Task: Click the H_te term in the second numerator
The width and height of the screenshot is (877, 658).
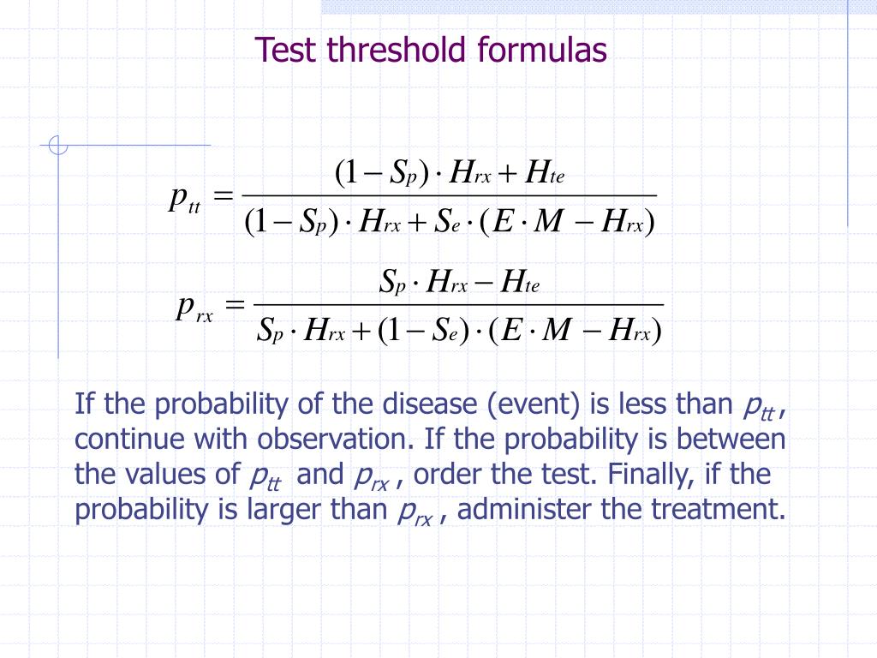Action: click(x=518, y=282)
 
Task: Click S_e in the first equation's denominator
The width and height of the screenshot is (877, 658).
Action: click(x=448, y=224)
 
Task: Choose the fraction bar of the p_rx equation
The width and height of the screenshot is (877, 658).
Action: click(x=460, y=304)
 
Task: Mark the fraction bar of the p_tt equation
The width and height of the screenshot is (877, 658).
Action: click(x=450, y=196)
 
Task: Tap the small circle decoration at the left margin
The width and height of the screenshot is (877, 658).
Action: click(x=57, y=147)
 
